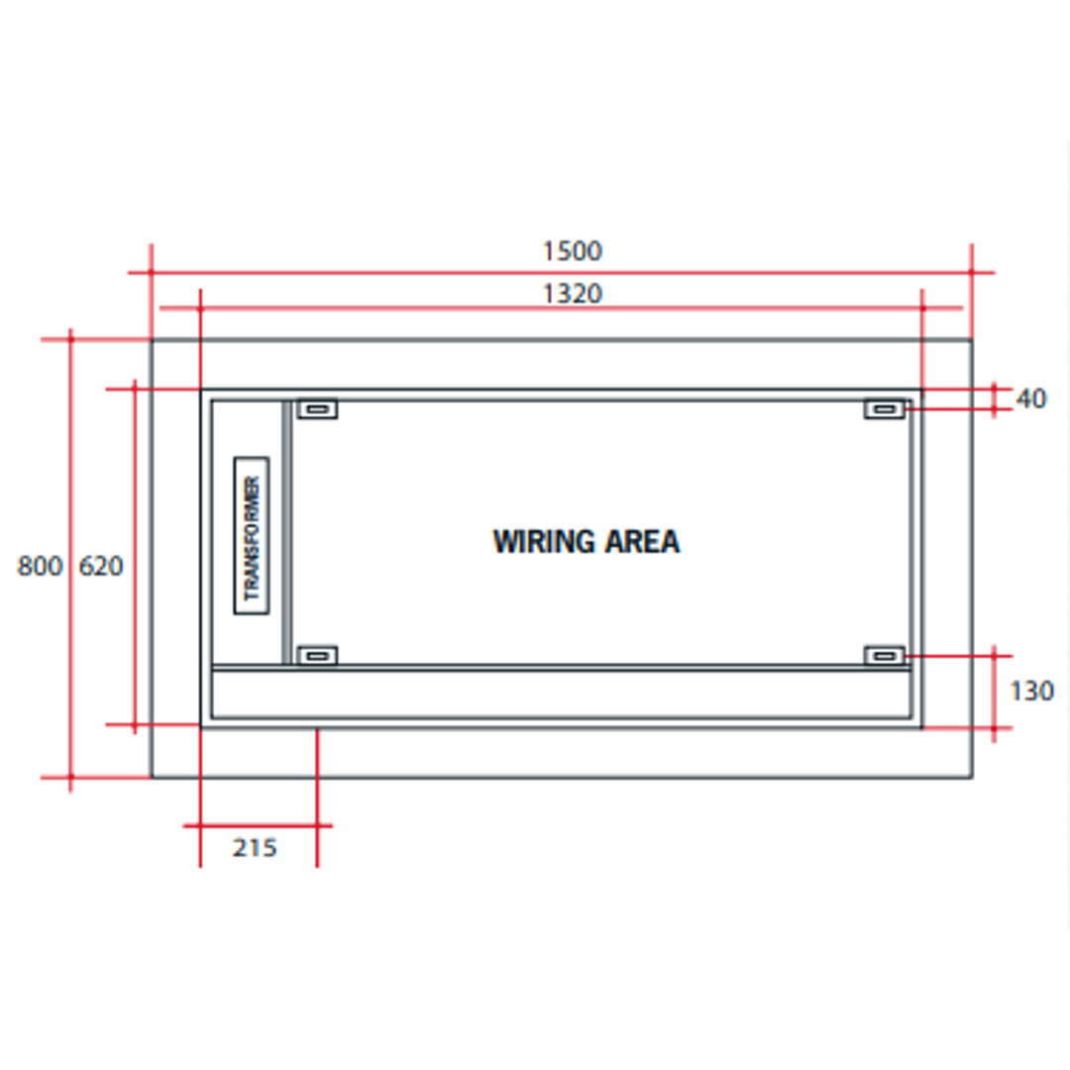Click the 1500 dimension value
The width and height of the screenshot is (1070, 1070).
tap(572, 251)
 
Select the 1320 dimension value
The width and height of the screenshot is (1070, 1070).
tap(572, 294)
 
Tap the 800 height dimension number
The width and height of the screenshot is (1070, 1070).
tap(40, 566)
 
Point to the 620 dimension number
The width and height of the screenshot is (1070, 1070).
tap(101, 566)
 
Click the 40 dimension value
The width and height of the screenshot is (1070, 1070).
tap(1031, 398)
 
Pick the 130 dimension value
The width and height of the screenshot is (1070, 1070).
tap(1031, 692)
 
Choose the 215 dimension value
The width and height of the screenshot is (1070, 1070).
tap(255, 847)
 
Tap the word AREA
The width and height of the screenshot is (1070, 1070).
tap(643, 542)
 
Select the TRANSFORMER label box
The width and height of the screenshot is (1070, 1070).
tap(251, 536)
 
